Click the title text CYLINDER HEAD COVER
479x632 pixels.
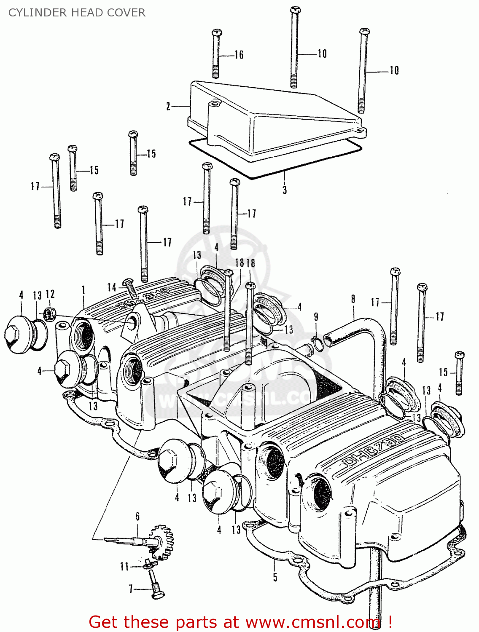pyautogui.click(x=77, y=13)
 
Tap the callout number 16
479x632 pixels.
pyautogui.click(x=239, y=55)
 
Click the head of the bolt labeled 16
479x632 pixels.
pyautogui.click(x=217, y=32)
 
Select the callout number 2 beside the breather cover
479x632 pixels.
pyautogui.click(x=168, y=106)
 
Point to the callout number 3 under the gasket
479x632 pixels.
pyautogui.click(x=285, y=190)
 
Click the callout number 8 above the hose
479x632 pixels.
pyautogui.click(x=353, y=299)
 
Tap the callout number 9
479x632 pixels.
pyautogui.click(x=316, y=317)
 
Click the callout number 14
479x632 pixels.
pyautogui.click(x=112, y=288)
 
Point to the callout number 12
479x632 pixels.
pyautogui.click(x=50, y=294)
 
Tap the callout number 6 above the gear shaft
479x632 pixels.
pyautogui.click(x=137, y=516)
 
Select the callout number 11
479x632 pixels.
pyautogui.click(x=124, y=566)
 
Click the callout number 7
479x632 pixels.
pyautogui.click(x=131, y=589)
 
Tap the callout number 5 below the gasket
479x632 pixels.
pyautogui.click(x=275, y=577)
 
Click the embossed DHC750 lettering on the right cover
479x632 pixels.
pyautogui.click(x=373, y=450)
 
